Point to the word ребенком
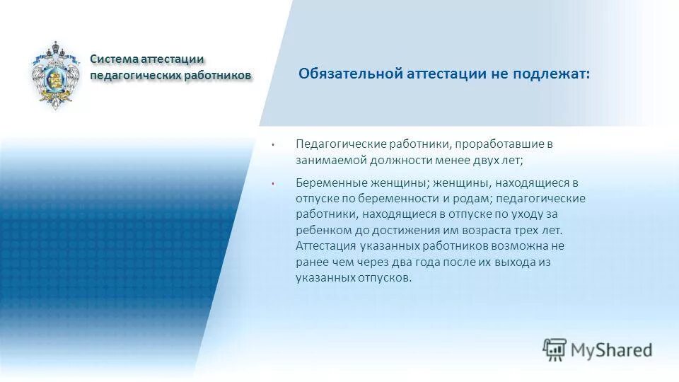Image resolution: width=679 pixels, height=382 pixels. pos(322,230)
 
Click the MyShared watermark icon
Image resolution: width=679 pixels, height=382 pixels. pos(555,348)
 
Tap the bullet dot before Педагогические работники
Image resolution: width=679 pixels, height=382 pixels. pos(272,144)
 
